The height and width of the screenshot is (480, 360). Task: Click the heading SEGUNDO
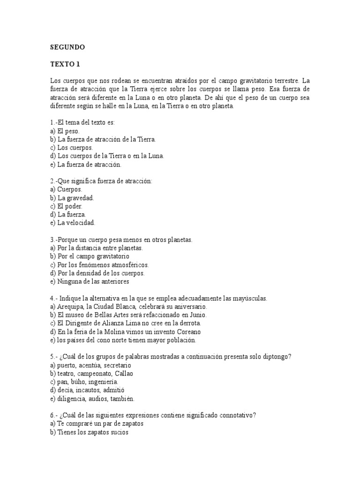pos(67,47)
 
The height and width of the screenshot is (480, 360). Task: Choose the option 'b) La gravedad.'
pos(73,198)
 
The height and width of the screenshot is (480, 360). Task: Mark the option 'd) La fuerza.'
pos(68,214)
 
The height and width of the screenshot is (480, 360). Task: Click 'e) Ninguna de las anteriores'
pos(89,282)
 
